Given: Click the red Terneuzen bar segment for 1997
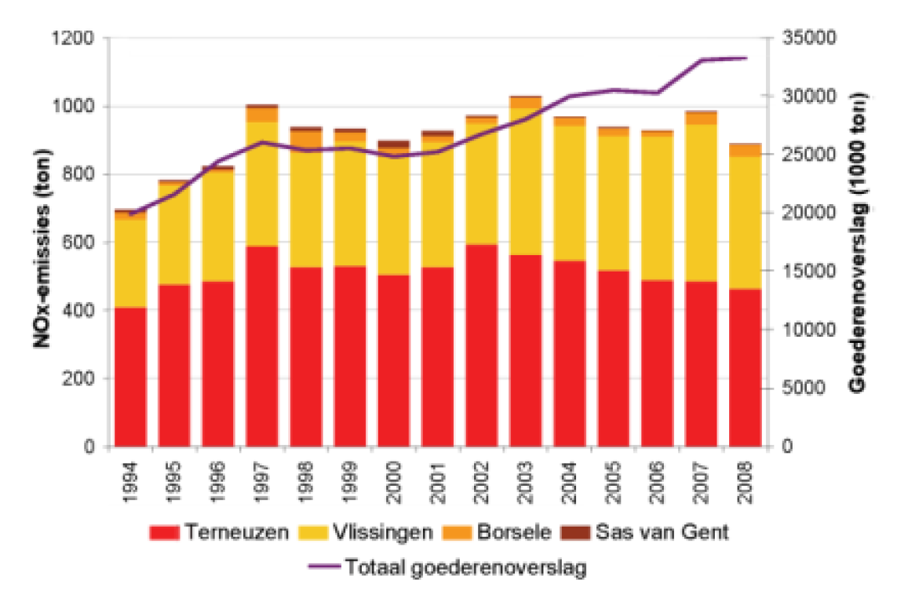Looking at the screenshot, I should [262, 345].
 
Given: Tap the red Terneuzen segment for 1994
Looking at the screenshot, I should [130, 377].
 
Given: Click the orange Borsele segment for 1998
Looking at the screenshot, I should [306, 139].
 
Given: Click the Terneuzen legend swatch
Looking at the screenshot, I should [166, 533].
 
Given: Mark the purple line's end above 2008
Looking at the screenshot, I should [746, 58].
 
